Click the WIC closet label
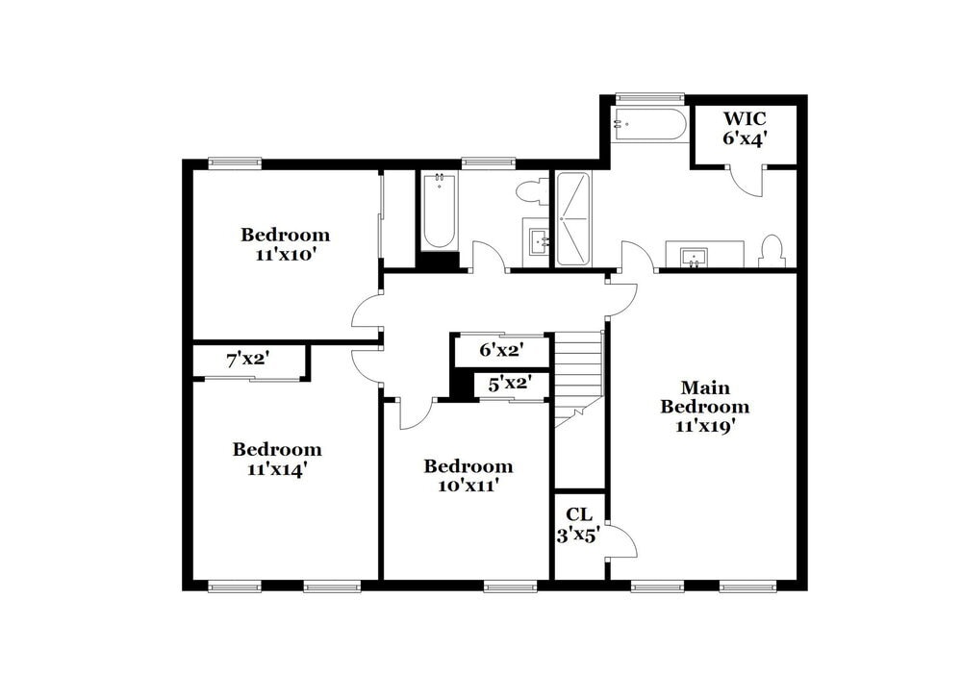point(745,128)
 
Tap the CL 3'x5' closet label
point(578,525)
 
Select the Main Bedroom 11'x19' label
point(704,407)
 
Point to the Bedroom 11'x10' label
point(285,244)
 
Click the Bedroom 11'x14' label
point(277,459)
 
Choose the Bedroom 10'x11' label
point(468,475)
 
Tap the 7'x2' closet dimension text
point(247,361)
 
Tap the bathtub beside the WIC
point(648,125)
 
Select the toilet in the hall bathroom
point(529,191)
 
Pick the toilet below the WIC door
point(772,251)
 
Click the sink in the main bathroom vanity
point(694,257)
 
